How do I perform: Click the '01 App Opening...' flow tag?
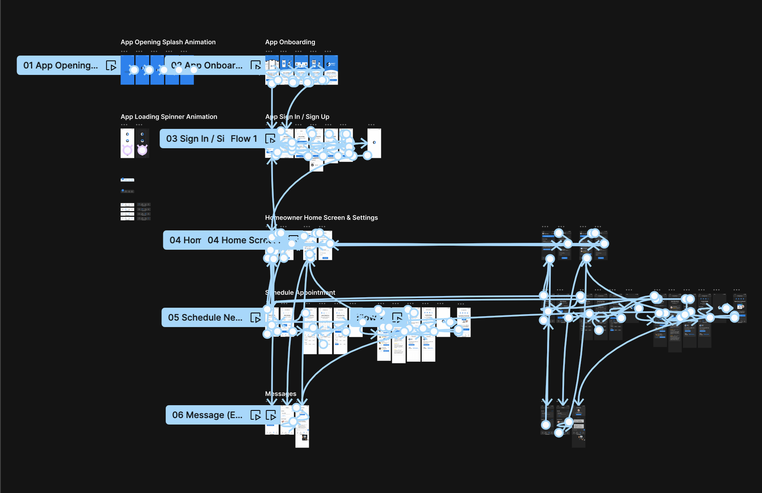pos(60,65)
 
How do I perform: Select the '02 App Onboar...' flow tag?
pos(206,65)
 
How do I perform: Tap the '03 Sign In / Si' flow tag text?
pos(195,139)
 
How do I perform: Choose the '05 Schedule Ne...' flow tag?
pos(205,317)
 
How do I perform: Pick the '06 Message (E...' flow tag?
pos(207,415)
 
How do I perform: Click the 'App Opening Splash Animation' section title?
pos(168,42)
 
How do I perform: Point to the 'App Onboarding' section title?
pos(290,42)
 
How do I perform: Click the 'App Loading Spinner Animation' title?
pos(169,116)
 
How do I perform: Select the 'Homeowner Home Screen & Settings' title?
pos(321,217)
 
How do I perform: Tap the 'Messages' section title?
pos(281,394)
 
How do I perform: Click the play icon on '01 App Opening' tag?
pos(111,66)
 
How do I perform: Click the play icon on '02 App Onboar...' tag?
pos(256,66)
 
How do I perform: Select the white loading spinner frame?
pos(127,143)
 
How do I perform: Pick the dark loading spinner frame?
pos(142,143)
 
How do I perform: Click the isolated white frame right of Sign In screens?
pos(374,143)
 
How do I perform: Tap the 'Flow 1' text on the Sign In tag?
pos(244,139)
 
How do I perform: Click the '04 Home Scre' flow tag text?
pos(238,240)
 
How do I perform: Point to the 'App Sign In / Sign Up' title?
pos(297,116)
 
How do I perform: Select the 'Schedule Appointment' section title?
pos(300,292)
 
